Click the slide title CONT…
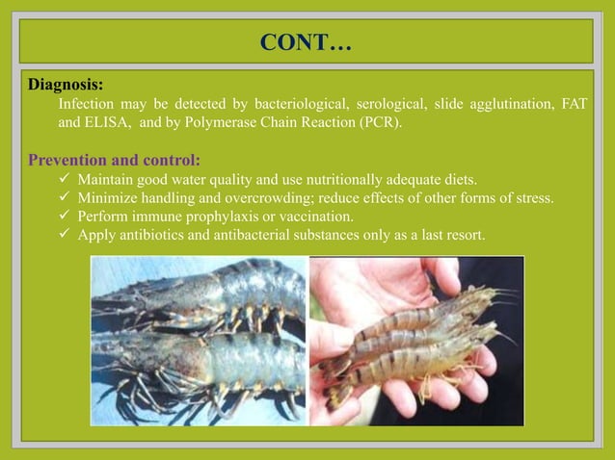point(307,43)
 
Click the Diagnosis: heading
point(66,85)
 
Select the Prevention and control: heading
point(115,160)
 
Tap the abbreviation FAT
point(573,104)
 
